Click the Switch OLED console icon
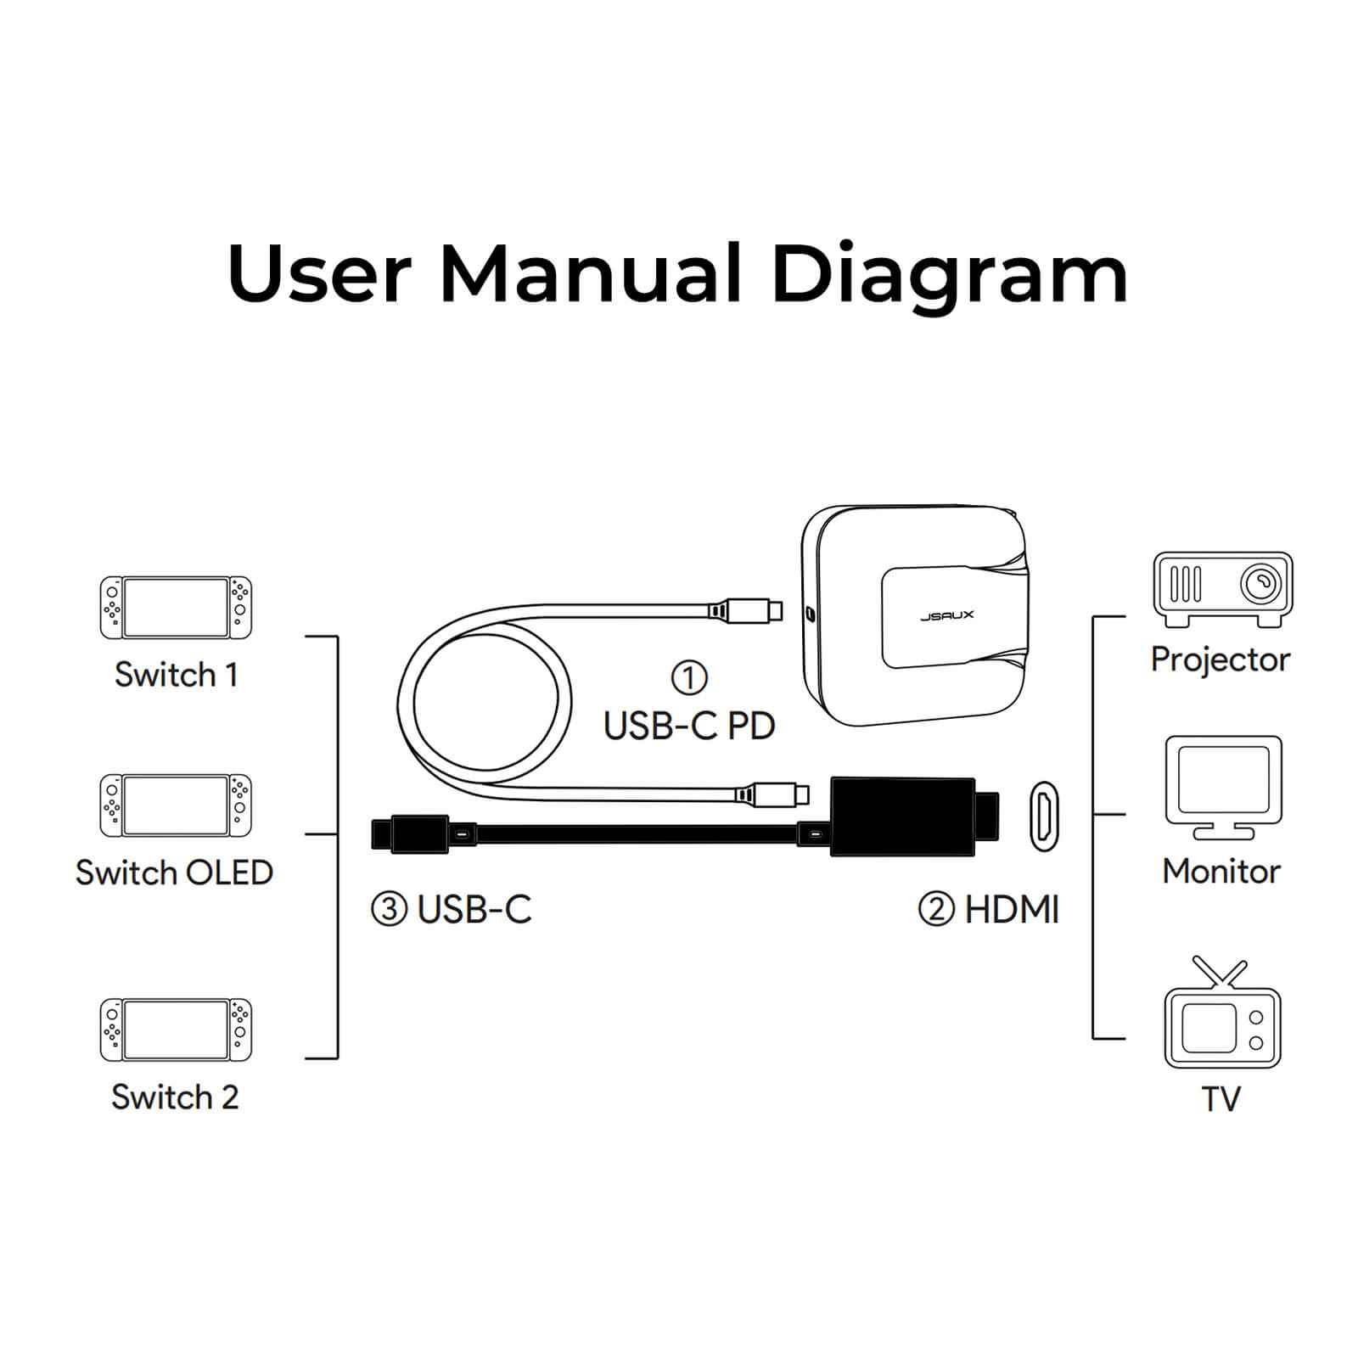(176, 805)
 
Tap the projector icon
(1222, 590)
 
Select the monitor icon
(1223, 788)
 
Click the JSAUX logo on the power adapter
(947, 615)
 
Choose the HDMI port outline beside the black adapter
(1044, 816)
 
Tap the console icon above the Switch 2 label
(176, 1030)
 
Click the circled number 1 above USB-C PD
(688, 678)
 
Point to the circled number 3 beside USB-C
(389, 910)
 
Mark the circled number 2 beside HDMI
(936, 910)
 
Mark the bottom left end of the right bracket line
(1093, 1038)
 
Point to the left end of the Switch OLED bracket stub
(306, 834)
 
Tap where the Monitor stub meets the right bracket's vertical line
(1093, 815)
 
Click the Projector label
(1221, 659)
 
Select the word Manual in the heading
(591, 272)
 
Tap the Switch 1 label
(176, 675)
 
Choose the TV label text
(1221, 1098)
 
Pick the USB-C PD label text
(689, 726)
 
